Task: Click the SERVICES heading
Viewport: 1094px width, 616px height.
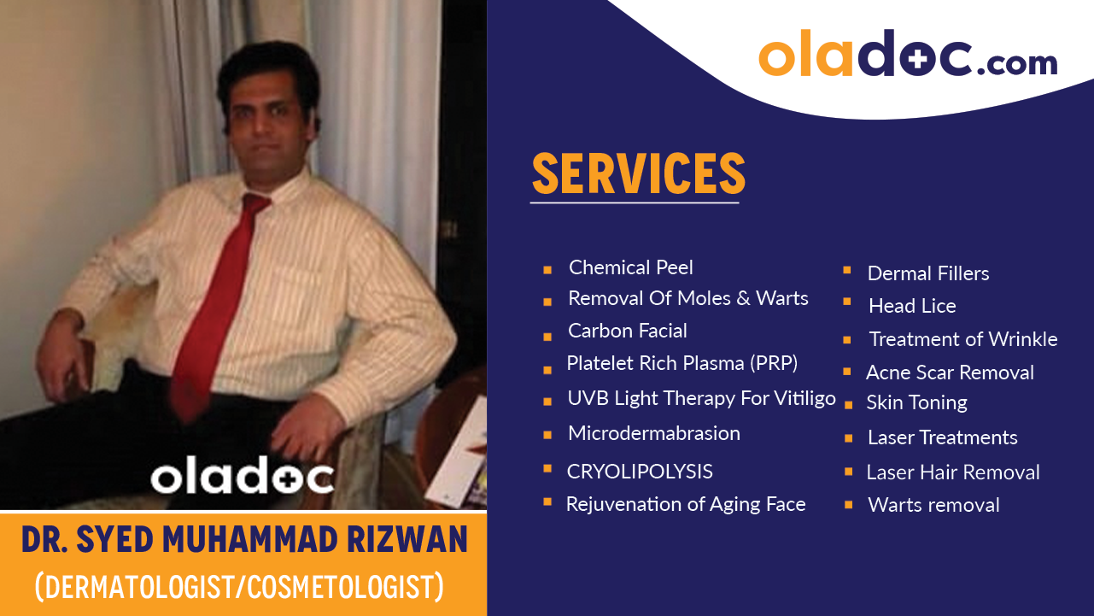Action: [638, 173]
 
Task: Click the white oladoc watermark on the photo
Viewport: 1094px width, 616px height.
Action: [242, 477]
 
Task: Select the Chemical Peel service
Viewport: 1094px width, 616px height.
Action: [631, 267]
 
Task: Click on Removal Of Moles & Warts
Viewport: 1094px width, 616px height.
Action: [688, 298]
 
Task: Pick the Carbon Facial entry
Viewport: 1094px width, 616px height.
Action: [628, 331]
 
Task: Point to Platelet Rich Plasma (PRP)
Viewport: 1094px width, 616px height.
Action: [682, 363]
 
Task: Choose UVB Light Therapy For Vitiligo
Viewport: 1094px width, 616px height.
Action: [701, 398]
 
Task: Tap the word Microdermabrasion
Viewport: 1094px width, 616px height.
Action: [654, 433]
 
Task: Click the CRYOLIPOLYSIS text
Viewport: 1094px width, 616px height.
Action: [640, 472]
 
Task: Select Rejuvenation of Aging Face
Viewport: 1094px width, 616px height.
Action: [686, 504]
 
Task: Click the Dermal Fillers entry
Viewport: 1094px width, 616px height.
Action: [928, 273]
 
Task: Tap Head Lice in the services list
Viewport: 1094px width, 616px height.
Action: [912, 306]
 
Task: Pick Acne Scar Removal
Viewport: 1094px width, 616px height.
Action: [950, 373]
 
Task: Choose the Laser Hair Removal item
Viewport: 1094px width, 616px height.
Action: [953, 472]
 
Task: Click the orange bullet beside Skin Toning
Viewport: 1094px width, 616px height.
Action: [847, 403]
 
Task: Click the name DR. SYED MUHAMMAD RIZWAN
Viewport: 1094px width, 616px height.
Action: [243, 540]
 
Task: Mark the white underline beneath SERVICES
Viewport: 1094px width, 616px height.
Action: [635, 203]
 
